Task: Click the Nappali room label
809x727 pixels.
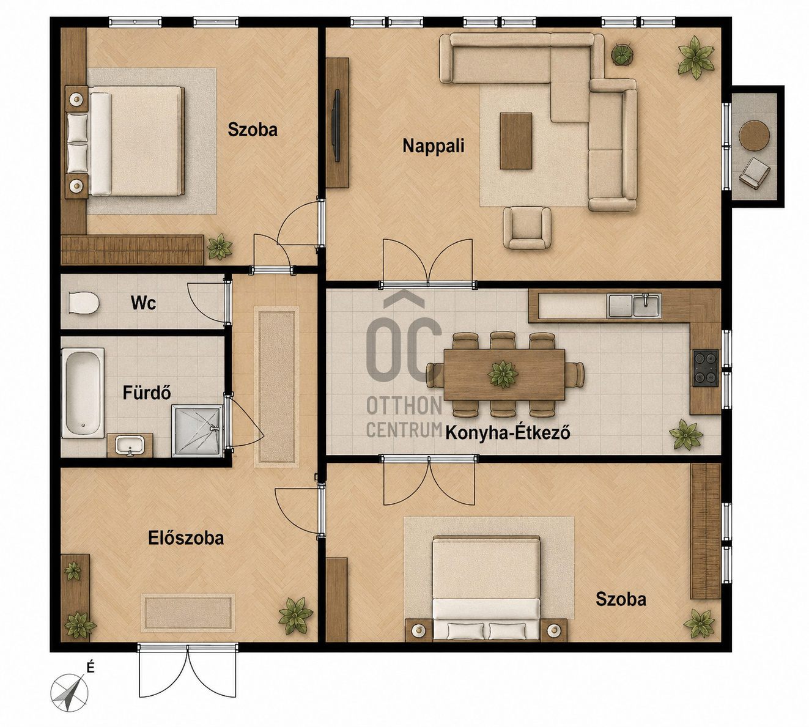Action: coord(434,146)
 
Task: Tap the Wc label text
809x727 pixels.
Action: coord(143,303)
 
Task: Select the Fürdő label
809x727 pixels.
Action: coord(146,393)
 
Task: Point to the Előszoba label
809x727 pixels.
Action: coord(186,538)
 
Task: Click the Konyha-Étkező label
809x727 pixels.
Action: coord(508,433)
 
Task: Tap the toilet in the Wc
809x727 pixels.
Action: coord(84,303)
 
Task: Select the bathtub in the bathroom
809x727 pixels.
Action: coord(83,393)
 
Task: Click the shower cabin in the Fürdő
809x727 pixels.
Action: coord(198,431)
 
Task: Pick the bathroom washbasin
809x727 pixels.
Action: coord(130,445)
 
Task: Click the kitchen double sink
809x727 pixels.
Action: coord(634,305)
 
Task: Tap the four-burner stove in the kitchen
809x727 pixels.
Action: coord(706,368)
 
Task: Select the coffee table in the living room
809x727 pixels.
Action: coord(516,141)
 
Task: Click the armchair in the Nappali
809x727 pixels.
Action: coord(527,227)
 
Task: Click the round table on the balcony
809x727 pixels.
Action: coord(754,135)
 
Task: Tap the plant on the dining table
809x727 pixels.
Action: coord(503,374)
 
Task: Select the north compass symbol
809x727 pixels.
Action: coord(69,693)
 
